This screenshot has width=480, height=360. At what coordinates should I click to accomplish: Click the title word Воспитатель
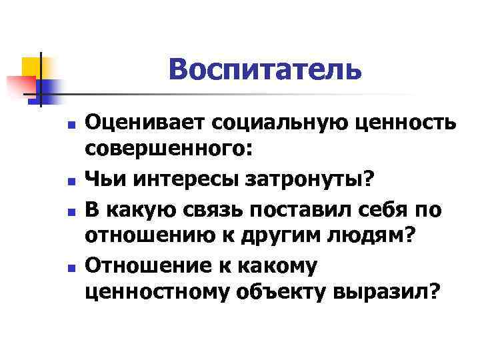[265, 69]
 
